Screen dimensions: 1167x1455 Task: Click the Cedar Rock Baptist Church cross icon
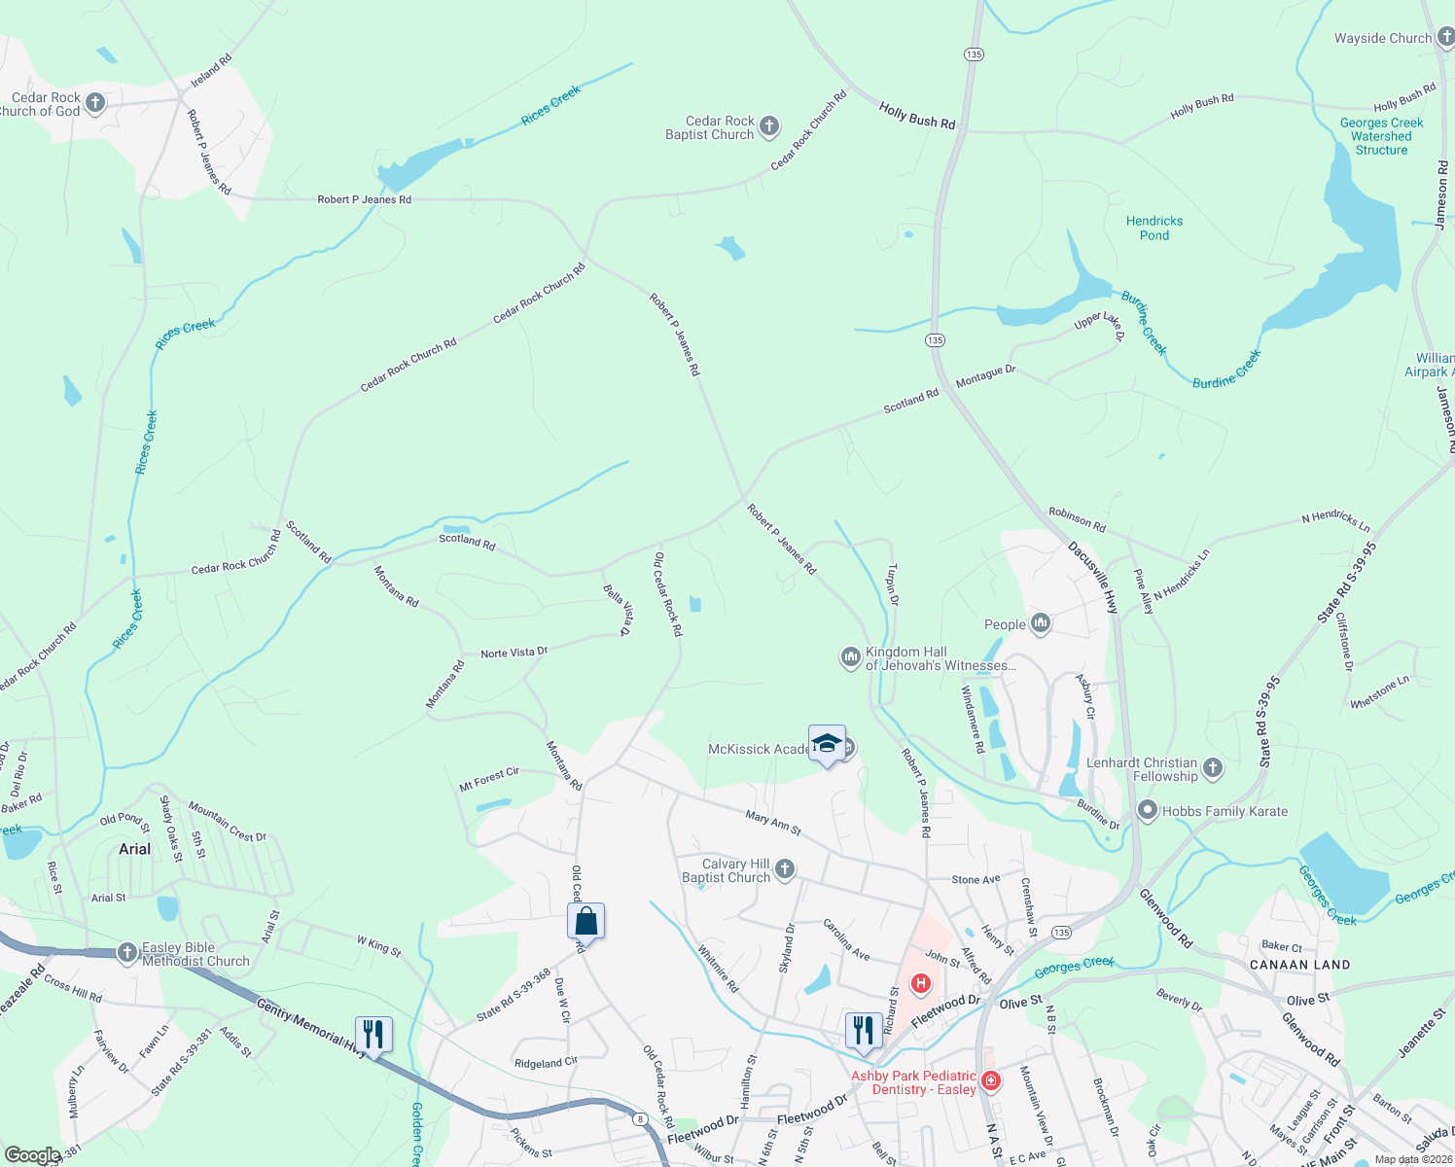coord(768,125)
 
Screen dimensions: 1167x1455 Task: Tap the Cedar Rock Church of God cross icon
coord(94,102)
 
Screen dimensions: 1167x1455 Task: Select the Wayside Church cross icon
coord(1444,38)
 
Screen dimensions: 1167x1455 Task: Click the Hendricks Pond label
coord(1154,228)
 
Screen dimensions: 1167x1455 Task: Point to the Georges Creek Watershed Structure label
coord(1381,136)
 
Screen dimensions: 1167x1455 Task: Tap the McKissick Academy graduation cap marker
coord(827,744)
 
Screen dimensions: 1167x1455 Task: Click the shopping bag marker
coord(586,920)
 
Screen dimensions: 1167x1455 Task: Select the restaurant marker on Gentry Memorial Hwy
coord(373,1033)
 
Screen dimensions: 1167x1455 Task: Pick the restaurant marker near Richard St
coord(864,1029)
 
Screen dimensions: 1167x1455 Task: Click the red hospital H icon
coord(919,984)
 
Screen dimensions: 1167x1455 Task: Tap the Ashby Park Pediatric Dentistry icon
coord(990,1080)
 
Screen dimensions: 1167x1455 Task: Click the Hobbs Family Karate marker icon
coord(1147,810)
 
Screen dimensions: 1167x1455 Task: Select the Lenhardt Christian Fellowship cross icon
coord(1212,768)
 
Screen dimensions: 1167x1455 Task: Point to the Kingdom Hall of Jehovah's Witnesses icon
coord(851,658)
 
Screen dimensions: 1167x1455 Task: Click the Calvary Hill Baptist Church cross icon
coord(785,868)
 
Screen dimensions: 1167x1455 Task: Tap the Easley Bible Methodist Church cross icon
coord(127,953)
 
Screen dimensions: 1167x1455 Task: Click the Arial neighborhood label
coord(134,849)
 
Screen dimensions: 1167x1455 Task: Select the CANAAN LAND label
coord(1299,965)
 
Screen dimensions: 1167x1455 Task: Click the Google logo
coord(32,1155)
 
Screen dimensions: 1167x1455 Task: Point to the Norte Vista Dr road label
coord(514,653)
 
